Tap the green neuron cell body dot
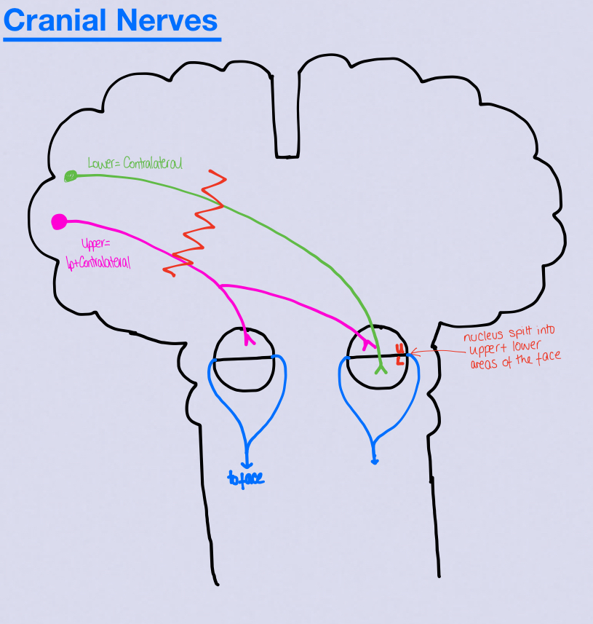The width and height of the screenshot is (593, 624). pos(71,175)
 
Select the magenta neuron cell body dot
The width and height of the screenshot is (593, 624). pos(60,221)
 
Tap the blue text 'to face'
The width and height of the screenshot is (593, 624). pos(245,478)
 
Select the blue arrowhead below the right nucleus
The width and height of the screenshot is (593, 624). pos(375,459)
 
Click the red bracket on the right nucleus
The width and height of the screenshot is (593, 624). pos(399,354)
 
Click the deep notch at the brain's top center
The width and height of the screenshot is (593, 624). pos(287,116)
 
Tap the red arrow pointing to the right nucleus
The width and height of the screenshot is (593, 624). pos(437,352)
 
